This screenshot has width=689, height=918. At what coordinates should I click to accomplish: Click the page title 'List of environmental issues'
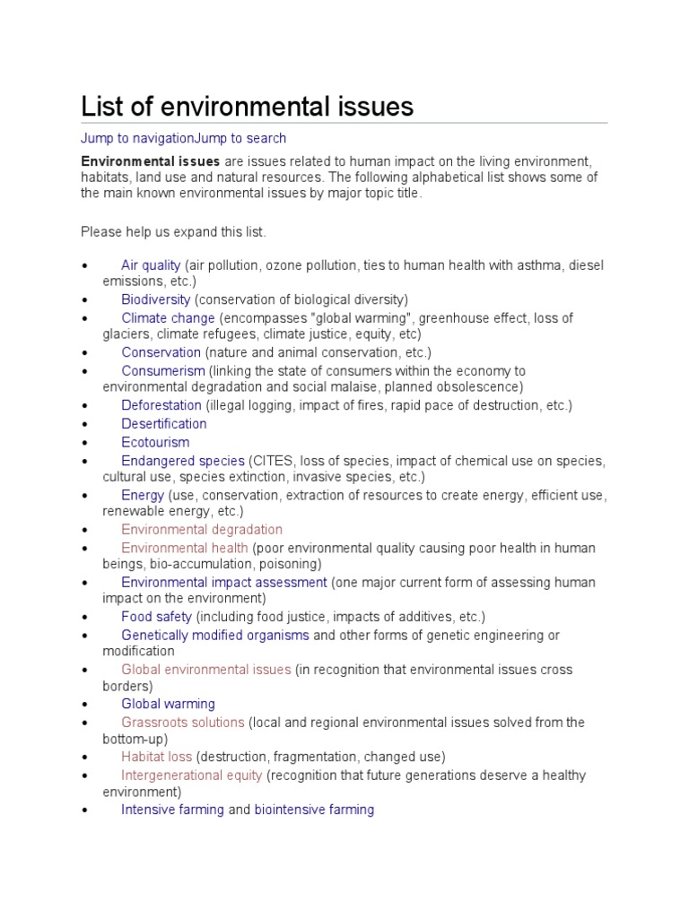[248, 107]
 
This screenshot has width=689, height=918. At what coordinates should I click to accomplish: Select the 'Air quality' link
[151, 265]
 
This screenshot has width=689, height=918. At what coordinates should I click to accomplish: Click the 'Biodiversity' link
[156, 299]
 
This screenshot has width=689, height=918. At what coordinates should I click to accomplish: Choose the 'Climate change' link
[168, 318]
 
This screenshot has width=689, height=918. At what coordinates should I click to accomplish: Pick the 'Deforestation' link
[161, 405]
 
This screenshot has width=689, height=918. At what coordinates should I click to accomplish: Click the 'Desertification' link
[164, 423]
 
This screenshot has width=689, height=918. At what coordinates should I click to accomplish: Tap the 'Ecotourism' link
[155, 442]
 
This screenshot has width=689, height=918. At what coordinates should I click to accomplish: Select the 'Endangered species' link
[183, 461]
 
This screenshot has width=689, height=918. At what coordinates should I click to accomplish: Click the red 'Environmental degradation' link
[202, 529]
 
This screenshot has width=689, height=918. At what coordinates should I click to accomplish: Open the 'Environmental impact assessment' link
[224, 582]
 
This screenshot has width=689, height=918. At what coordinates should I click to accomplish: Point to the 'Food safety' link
[157, 617]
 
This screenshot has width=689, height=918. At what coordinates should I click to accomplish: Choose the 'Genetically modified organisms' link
[215, 635]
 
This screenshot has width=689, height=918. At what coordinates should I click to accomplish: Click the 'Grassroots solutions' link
[183, 722]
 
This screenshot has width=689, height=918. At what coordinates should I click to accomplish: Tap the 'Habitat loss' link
[157, 757]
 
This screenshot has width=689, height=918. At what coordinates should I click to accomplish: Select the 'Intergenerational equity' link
[192, 775]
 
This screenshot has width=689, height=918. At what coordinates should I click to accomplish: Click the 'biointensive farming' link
[314, 810]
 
